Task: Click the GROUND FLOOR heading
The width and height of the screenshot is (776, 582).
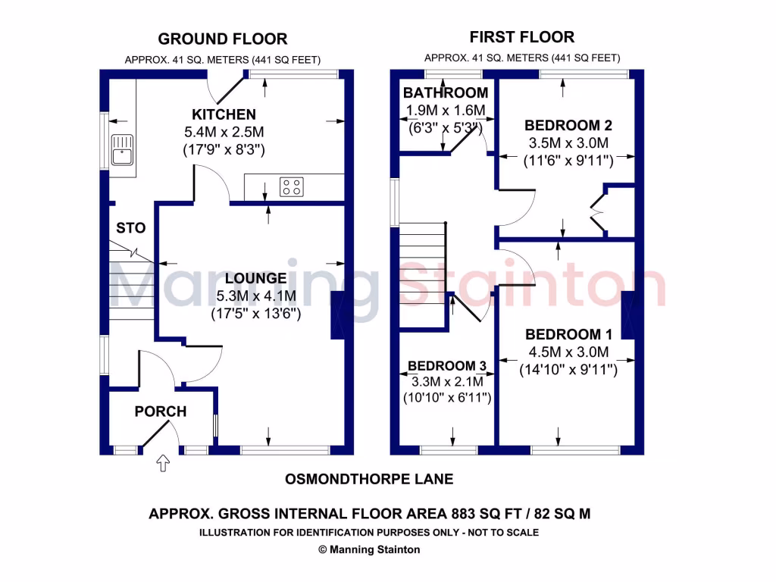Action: coord(222,39)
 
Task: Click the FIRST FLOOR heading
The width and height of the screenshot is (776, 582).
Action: coord(521,36)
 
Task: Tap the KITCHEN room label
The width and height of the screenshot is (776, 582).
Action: coord(224,114)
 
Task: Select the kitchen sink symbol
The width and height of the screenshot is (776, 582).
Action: coord(121,149)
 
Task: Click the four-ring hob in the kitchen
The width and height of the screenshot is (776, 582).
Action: coord(292,186)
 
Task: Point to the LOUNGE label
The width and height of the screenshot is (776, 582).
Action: coord(250,278)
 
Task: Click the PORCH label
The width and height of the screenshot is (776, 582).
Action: coord(161,411)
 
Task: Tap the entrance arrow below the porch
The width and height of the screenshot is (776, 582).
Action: coord(162,463)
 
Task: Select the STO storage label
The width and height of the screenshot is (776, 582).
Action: coord(130,227)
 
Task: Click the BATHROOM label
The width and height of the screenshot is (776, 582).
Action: coord(446,93)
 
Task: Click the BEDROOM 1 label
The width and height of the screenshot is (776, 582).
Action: coord(568,334)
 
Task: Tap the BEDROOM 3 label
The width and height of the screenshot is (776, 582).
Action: coord(447,366)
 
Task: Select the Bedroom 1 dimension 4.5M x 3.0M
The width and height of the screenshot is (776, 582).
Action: coord(568,352)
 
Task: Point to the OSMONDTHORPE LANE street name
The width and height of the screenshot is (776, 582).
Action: coord(369,479)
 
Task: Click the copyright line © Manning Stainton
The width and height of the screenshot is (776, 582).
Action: coord(368,550)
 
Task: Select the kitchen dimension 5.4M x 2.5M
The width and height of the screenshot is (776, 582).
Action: coord(224,132)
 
